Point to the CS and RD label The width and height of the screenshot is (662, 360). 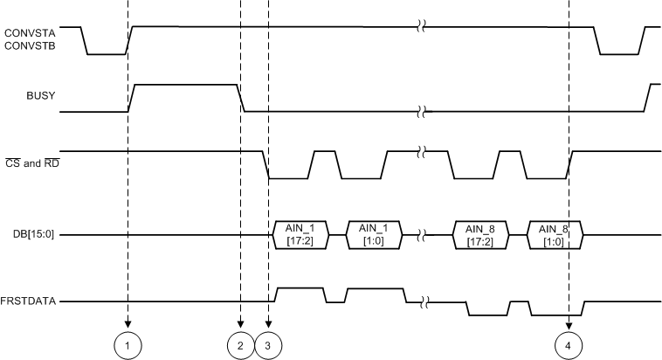(x=31, y=160)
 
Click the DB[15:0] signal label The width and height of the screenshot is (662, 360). (x=31, y=235)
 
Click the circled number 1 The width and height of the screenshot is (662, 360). (x=128, y=345)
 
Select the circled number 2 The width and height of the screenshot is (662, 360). (x=240, y=345)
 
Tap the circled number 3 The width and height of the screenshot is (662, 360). (x=268, y=345)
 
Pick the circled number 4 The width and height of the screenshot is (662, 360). (x=569, y=345)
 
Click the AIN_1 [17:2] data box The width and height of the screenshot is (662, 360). (x=306, y=235)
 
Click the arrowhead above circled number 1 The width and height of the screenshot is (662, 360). (x=128, y=323)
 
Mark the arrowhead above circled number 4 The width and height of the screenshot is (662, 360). (x=569, y=323)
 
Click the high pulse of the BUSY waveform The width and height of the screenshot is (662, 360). (x=184, y=85)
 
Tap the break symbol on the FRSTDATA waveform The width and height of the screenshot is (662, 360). (x=424, y=303)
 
